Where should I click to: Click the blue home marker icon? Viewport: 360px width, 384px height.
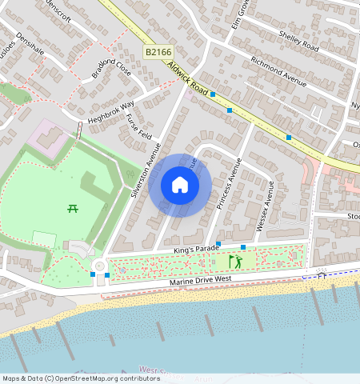pos(180,186)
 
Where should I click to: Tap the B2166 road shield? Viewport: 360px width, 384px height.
pos(158,51)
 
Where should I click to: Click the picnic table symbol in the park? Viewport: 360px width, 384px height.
pos(73,209)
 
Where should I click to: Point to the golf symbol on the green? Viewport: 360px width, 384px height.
pos(235,262)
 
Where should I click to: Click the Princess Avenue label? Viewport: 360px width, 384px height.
pos(229,183)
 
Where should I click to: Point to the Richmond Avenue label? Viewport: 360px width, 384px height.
pos(278,70)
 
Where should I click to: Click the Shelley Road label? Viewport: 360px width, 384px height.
pos(298,42)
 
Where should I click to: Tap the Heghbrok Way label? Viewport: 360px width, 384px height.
pos(111,110)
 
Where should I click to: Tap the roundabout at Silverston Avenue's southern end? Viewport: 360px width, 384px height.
pos(99,266)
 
